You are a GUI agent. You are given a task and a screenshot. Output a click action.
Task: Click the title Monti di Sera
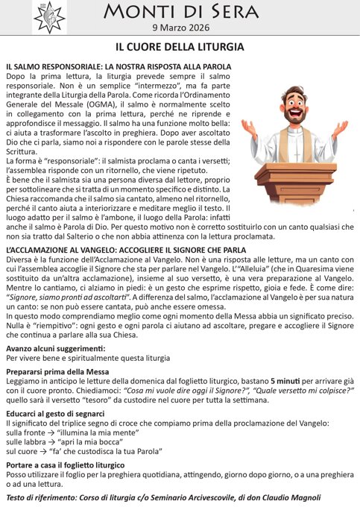180,13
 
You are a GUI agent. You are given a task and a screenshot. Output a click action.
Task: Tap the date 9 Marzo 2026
180,29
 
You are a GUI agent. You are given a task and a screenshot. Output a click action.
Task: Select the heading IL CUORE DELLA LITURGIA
180,47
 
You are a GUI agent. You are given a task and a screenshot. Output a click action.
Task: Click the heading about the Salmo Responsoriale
118,66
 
